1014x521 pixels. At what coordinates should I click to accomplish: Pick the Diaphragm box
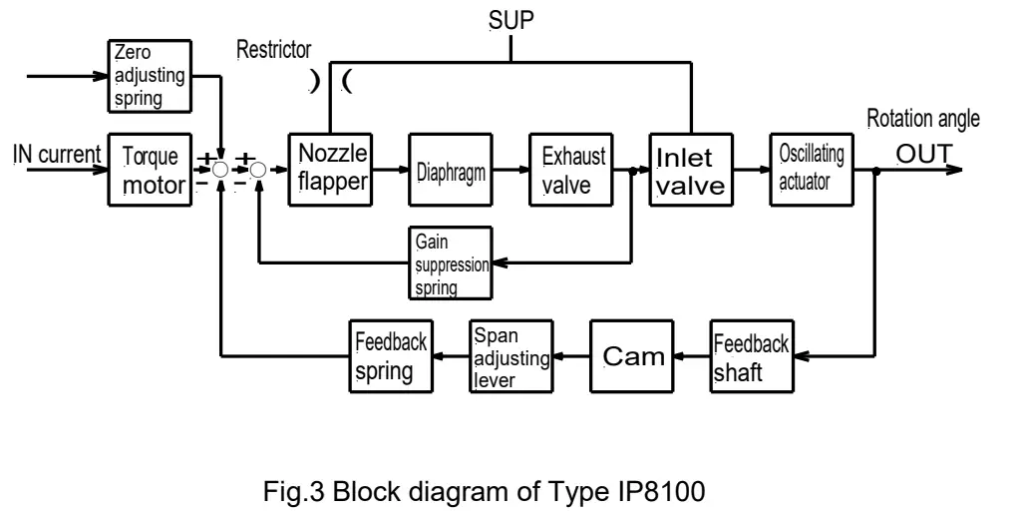pyautogui.click(x=450, y=171)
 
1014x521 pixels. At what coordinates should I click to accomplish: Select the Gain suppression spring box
pyautogui.click(x=450, y=262)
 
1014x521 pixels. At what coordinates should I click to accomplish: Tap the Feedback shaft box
pyautogui.click(x=750, y=356)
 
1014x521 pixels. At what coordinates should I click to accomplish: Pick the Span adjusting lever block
pyautogui.click(x=509, y=356)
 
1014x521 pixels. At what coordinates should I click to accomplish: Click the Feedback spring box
pyautogui.click(x=389, y=356)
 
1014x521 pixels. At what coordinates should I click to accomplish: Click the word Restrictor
pyautogui.click(x=273, y=50)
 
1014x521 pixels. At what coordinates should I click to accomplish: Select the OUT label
pyautogui.click(x=924, y=154)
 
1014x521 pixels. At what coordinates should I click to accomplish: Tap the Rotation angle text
pyautogui.click(x=922, y=120)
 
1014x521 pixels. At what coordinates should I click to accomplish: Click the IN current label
pyautogui.click(x=56, y=154)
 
